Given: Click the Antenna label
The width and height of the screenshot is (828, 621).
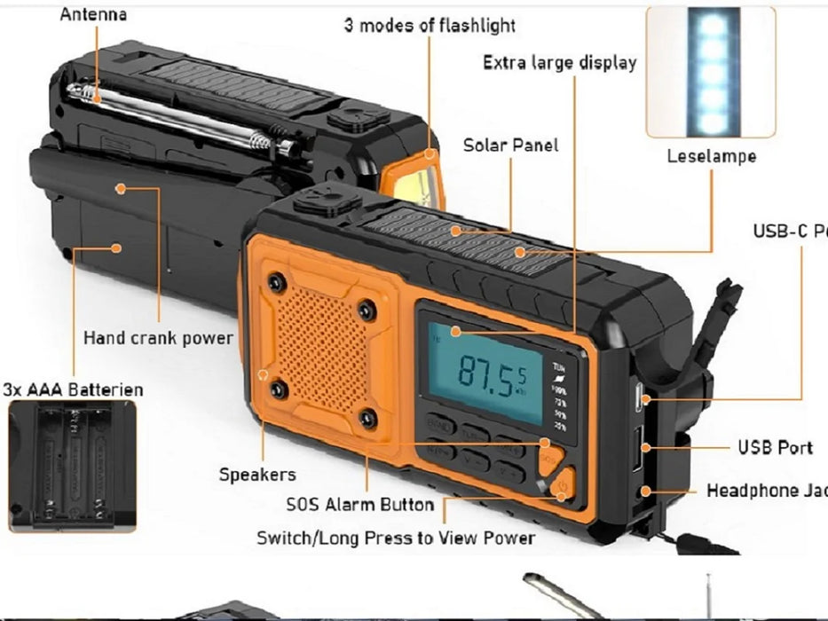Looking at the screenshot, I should [93, 14].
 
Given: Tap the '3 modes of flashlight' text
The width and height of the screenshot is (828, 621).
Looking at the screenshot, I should [430, 25].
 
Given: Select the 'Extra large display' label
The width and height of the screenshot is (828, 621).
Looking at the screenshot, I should [559, 62].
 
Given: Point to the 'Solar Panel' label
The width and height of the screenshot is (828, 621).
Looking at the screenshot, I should [511, 145].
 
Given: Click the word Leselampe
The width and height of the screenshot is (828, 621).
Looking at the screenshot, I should [712, 157].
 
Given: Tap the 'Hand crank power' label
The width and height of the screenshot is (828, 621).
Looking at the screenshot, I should [158, 338].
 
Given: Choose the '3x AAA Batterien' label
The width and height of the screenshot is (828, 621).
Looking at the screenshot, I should [73, 389].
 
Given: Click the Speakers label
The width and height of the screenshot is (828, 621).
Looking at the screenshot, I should [257, 475].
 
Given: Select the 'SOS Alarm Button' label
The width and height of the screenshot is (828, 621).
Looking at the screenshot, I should [359, 505].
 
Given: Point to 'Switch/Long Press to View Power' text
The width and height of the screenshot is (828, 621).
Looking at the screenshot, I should [396, 538].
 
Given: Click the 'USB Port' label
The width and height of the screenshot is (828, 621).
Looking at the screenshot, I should [775, 447].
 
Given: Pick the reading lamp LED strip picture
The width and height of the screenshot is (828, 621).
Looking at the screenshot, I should [711, 71].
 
